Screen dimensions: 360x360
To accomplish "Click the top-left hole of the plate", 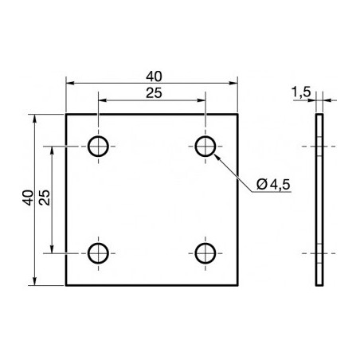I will [x=98, y=146].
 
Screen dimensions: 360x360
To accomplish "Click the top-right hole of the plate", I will [x=205, y=146].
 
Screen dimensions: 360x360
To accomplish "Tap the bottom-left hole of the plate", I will [x=98, y=253].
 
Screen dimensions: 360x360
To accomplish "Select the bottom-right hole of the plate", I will [x=205, y=253].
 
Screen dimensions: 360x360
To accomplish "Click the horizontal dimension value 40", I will [x=154, y=76].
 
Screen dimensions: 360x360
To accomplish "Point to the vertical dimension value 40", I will [x=28, y=198].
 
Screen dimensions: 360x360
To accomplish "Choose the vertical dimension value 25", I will [x=45, y=198].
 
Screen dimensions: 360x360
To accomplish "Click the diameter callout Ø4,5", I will [x=273, y=186].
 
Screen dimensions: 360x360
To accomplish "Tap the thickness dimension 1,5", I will [x=301, y=93].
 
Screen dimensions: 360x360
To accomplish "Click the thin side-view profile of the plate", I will [x=320, y=199].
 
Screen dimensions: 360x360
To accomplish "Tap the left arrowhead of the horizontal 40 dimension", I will [x=69, y=82].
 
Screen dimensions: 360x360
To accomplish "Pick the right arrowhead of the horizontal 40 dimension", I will [x=236, y=82].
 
